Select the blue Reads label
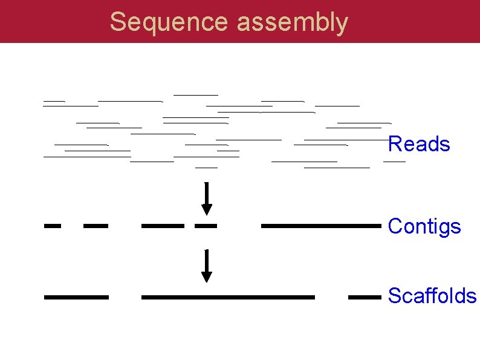tap(418, 145)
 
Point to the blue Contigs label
tap(424, 227)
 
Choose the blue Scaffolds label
tap(432, 296)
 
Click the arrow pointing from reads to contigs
tap(207, 198)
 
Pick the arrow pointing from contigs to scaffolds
tap(207, 266)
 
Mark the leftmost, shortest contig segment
tap(53, 226)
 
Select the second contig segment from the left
tap(96, 226)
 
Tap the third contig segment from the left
tap(163, 226)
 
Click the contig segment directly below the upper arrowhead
tap(206, 226)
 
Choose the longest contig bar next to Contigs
tap(321, 226)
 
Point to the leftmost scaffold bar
tap(76, 297)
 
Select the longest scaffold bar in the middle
tap(228, 297)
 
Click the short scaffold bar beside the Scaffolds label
tap(365, 297)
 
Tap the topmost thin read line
tap(195, 95)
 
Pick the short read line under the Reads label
tap(394, 162)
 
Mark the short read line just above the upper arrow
tap(207, 166)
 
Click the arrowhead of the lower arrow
tap(207, 277)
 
